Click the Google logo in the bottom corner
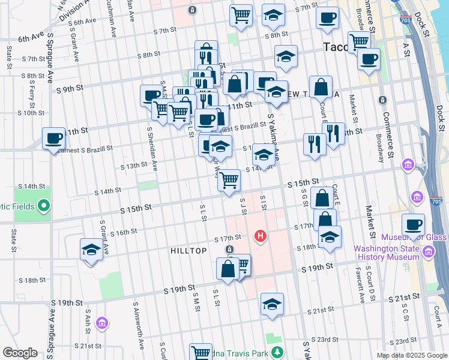tap(20, 353)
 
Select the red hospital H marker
tap(261, 236)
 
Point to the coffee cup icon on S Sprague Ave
tap(53, 139)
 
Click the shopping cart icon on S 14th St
tap(229, 180)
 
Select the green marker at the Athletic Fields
tap(43, 206)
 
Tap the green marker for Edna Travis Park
tap(277, 351)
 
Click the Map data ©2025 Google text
tap(411, 355)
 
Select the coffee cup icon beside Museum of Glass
tap(412, 225)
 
